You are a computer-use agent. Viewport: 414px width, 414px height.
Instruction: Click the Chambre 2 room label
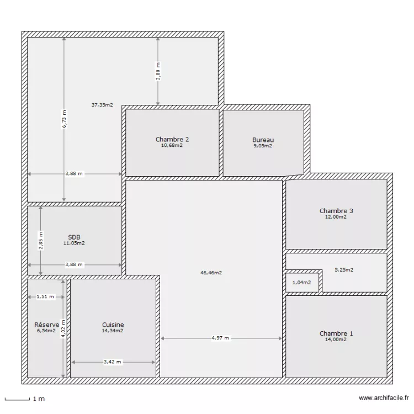pos(172,140)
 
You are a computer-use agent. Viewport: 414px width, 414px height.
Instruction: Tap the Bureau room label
pos(263,140)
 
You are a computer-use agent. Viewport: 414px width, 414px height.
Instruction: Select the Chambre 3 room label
pos(336,211)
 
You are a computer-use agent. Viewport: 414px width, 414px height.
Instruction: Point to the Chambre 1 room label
pos(336,333)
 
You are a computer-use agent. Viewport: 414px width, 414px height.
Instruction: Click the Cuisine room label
pos(113,325)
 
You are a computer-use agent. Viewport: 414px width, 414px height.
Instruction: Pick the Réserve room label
pos(46,325)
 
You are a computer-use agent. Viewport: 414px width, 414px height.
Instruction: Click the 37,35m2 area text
pos(102,104)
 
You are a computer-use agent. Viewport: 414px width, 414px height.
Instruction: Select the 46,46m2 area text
pos(211,272)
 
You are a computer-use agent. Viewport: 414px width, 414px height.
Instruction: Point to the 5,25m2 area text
pos(344,270)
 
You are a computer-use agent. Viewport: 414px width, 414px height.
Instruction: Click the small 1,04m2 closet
pos(301,283)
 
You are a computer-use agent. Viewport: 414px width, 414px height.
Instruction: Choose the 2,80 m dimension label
pos(158,72)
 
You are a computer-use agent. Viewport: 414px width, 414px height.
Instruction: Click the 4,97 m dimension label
pos(221,338)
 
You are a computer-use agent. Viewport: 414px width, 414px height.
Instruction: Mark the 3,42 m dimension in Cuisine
pos(113,362)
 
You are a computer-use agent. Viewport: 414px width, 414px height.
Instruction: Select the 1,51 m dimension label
pos(45,296)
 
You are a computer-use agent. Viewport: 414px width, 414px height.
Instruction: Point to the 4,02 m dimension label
pos(63,328)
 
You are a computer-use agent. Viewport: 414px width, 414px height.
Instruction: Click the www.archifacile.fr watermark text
pos(384,397)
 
